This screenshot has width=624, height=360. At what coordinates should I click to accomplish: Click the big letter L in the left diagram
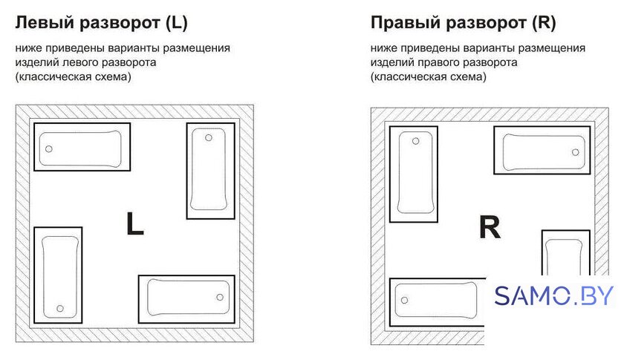134,223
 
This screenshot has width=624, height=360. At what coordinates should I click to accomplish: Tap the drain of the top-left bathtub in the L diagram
48,148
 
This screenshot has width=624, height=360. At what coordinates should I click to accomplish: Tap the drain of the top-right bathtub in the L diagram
209,137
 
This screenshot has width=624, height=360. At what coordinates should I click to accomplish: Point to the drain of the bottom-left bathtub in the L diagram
60,308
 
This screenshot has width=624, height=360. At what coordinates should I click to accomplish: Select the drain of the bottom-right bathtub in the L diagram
220,297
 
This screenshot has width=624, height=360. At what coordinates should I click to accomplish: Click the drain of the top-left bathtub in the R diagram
415,141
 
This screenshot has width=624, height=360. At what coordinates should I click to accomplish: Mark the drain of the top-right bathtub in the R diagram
575,152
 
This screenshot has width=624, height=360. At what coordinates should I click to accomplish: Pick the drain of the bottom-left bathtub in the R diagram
404,300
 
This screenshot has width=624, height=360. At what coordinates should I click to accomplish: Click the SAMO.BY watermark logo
553,296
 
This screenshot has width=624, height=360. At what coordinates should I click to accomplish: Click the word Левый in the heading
45,23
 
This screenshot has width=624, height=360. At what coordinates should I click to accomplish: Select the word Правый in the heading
405,23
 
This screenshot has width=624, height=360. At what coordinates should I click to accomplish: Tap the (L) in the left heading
176,23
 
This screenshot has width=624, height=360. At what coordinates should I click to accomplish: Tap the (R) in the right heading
544,23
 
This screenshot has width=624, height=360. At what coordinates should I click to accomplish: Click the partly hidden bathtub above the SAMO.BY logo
565,252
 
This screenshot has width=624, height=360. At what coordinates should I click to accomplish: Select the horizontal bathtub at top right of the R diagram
542,151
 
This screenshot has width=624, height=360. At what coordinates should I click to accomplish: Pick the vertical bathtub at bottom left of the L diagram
58,275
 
